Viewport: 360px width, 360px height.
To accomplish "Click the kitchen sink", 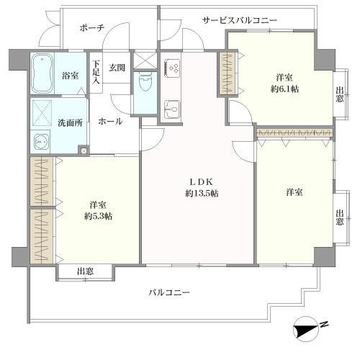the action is pyautogui.click(x=172, y=109).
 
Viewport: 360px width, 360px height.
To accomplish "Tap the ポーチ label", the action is pyautogui.click(x=92, y=28).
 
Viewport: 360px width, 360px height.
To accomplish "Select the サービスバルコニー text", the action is pyautogui.click(x=240, y=20).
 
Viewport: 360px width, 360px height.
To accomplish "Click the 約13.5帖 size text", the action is pyautogui.click(x=202, y=193).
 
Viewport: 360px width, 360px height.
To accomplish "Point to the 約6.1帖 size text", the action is pyautogui.click(x=284, y=89).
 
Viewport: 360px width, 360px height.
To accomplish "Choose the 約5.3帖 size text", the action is pyautogui.click(x=99, y=217).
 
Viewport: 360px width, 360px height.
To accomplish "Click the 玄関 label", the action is pyautogui.click(x=117, y=68).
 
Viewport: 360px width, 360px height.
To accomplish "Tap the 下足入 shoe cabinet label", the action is pyautogui.click(x=96, y=72).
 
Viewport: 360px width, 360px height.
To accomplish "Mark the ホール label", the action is pyautogui.click(x=110, y=122).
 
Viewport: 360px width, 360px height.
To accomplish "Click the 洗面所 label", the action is pyautogui.click(x=70, y=123).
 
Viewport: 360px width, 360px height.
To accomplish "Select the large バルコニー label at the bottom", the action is pyautogui.click(x=169, y=292).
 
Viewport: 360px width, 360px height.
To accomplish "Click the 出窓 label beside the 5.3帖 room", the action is pyautogui.click(x=85, y=271).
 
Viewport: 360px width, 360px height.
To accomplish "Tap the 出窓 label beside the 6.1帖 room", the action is pyautogui.click(x=339, y=94).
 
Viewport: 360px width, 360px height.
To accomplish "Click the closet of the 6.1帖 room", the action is pyautogui.click(x=228, y=73).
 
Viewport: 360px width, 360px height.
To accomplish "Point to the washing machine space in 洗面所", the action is pyautogui.click(x=42, y=113).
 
